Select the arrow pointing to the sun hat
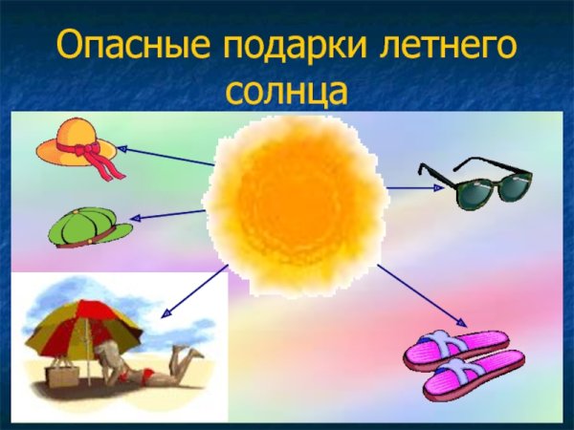coord(167,157)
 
